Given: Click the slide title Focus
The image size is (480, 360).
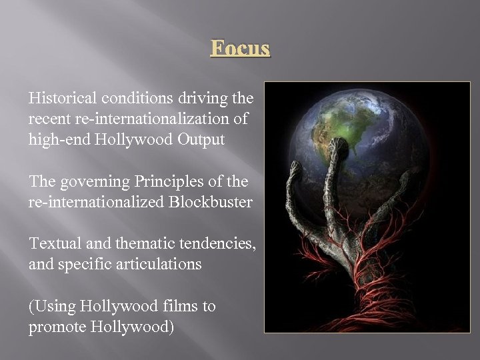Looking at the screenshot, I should click(240, 49).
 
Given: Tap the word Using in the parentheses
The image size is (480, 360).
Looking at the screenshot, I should click(53, 307).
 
